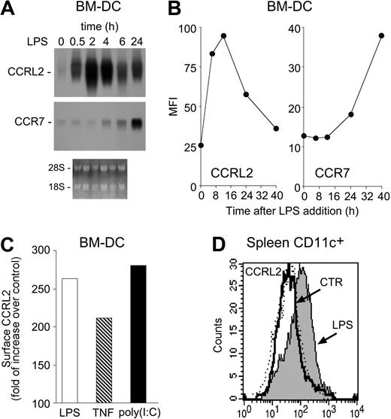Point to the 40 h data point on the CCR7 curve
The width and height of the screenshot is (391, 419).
click(x=381, y=35)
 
